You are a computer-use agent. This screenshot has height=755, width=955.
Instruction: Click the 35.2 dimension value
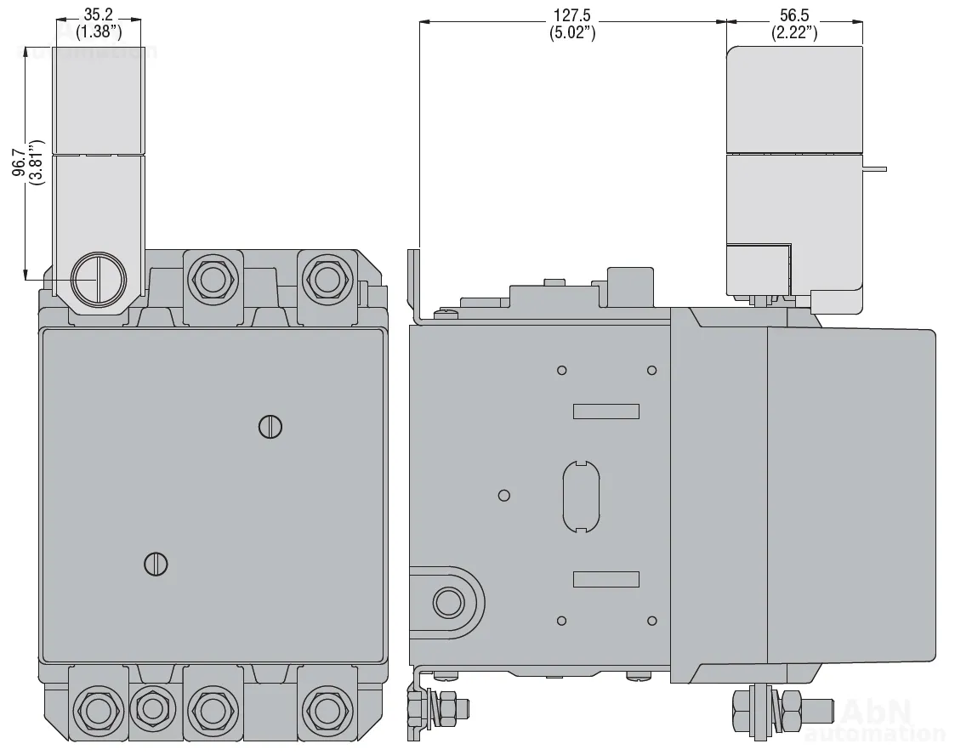(99, 14)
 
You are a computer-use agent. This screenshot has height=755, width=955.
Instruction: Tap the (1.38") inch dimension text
(99, 31)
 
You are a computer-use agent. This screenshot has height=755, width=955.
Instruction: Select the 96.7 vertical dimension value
(19, 162)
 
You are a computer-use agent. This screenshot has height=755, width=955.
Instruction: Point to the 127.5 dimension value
(572, 14)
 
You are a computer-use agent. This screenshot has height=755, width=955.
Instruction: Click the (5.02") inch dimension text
(572, 31)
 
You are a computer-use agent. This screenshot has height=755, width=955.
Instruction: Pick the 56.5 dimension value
(794, 14)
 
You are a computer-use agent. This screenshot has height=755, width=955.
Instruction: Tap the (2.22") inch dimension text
(794, 31)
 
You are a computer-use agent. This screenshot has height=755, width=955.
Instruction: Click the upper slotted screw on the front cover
(270, 427)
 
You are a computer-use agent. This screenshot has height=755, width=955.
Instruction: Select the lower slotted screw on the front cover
(156, 565)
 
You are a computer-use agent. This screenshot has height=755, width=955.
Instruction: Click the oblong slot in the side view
(581, 497)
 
